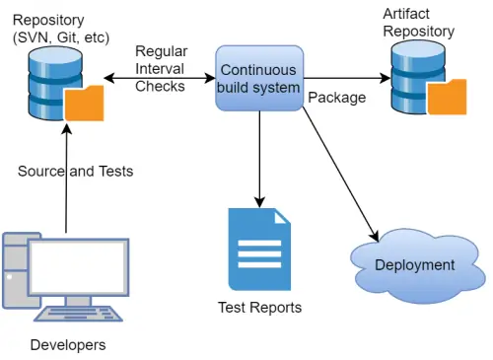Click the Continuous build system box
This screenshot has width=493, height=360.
pos(258,78)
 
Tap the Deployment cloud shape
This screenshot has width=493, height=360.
pos(413,265)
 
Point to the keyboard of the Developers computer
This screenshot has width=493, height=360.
pos(79,315)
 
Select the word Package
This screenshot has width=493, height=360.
pos(337,98)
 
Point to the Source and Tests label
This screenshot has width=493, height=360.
pos(75,171)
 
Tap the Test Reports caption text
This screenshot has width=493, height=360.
pos(259,307)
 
